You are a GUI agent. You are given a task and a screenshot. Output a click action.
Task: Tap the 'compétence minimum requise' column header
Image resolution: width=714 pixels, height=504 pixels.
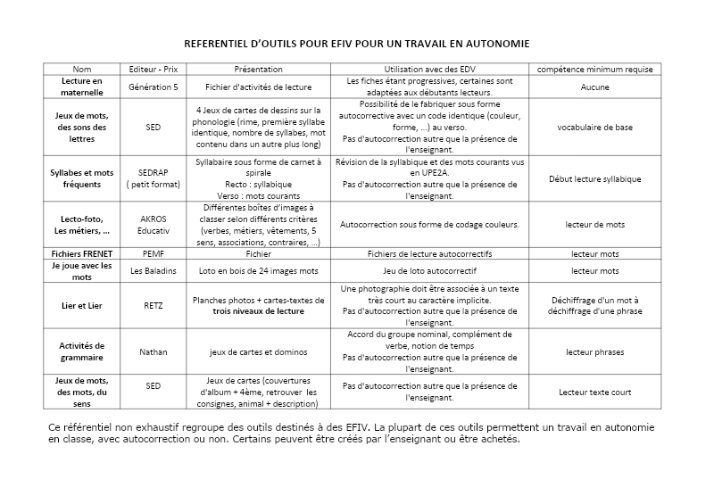[x=594, y=69]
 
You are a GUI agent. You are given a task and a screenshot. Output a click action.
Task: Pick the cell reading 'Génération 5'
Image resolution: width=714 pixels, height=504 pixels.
[x=154, y=87]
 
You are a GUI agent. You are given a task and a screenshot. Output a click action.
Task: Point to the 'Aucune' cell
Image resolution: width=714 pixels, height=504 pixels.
[x=594, y=87]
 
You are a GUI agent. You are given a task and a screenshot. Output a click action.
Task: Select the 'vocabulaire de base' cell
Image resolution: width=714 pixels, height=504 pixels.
[x=594, y=128]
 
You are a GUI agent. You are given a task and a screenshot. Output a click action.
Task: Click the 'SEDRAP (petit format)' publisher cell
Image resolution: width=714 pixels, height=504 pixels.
[x=154, y=178]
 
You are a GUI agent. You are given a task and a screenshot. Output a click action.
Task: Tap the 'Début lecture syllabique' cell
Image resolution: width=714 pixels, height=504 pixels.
[x=594, y=178]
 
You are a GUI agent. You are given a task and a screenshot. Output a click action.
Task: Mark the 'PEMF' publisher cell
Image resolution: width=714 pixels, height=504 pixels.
[x=154, y=253]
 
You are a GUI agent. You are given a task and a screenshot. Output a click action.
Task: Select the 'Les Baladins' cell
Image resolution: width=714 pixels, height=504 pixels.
[x=154, y=270]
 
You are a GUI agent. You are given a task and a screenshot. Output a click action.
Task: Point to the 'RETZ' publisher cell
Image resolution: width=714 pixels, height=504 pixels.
[x=154, y=306]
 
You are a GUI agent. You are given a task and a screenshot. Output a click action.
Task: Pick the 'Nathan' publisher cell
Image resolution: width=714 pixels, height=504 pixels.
[x=154, y=351]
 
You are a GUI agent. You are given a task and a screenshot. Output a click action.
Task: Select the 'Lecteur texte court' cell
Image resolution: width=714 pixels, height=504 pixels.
[x=594, y=391]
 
